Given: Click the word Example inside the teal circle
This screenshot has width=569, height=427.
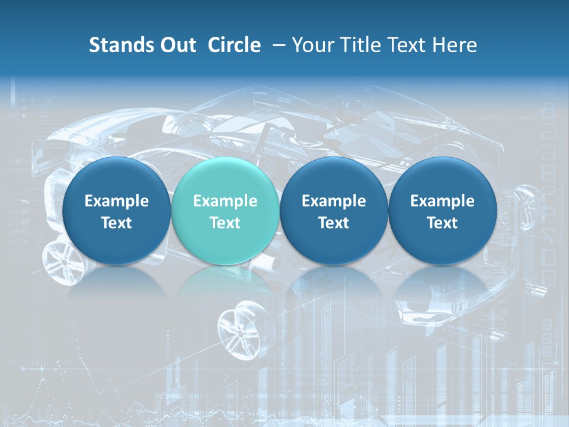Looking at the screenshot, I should click(225, 201).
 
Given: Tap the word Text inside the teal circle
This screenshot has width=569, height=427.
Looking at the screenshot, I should click(225, 223).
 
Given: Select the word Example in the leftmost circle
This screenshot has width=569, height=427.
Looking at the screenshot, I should click(117, 201).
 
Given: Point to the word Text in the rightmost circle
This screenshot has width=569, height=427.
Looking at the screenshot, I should click(442, 223).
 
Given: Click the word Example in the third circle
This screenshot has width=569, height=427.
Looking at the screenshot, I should click(334, 201).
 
